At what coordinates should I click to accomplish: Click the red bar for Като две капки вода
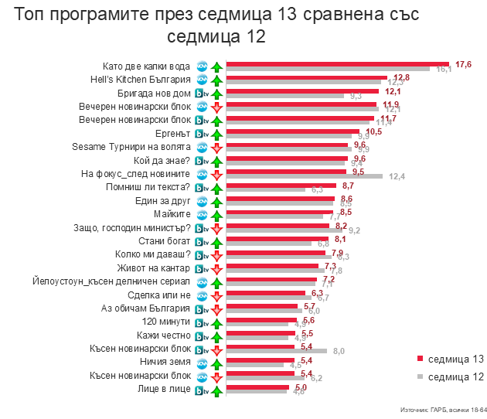pyautogui.click(x=336, y=64)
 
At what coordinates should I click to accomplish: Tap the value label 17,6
pyautogui.click(x=464, y=63)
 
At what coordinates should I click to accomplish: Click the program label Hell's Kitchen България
pyautogui.click(x=146, y=80)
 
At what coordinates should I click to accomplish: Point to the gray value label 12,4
pyautogui.click(x=397, y=177)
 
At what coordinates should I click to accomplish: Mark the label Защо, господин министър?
pyautogui.click(x=142, y=228)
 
